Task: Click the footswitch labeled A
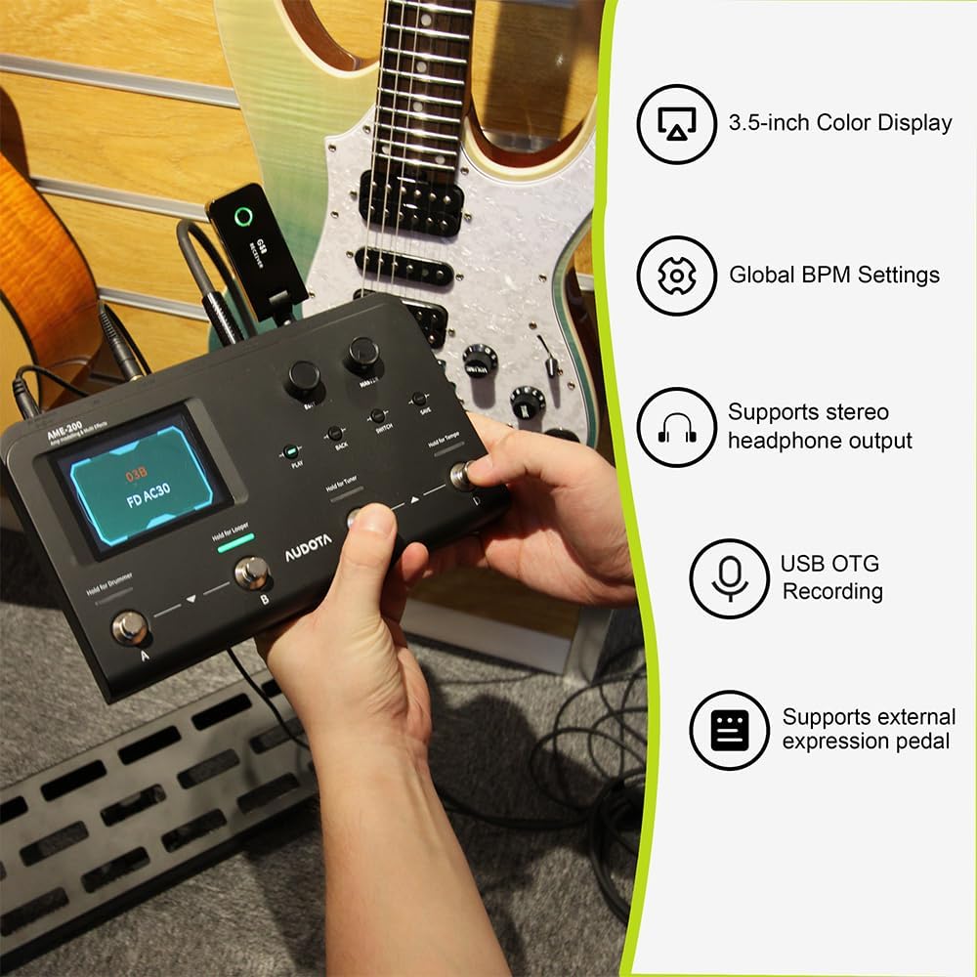(x=129, y=626)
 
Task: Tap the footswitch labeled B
(x=252, y=572)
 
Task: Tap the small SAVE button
(x=419, y=399)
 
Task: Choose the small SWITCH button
(x=378, y=416)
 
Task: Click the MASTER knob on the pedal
(x=362, y=352)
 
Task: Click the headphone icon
(x=676, y=427)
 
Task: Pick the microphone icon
(x=729, y=578)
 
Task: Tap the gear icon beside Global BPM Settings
(x=676, y=276)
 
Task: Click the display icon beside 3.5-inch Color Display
(x=676, y=123)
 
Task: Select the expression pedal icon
(x=729, y=730)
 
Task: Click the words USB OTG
(x=829, y=564)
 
